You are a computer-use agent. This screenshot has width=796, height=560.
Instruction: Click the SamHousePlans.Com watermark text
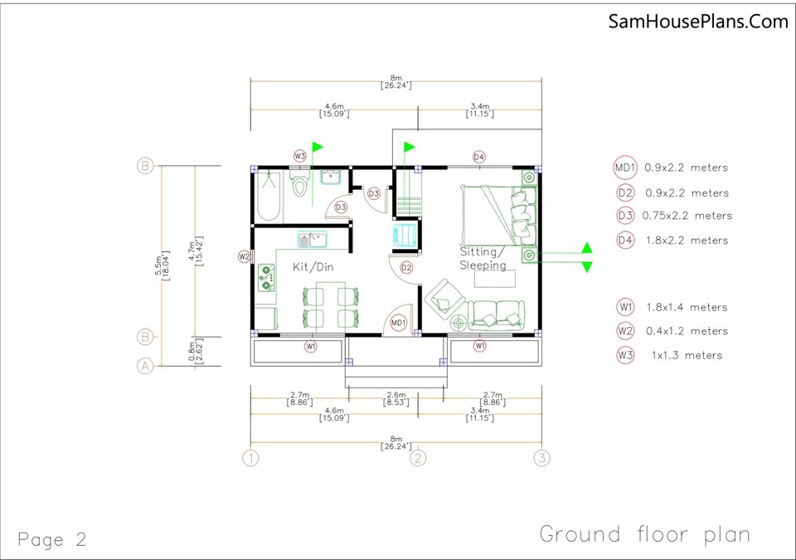point(698,22)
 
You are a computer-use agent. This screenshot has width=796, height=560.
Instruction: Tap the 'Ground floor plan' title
point(645,534)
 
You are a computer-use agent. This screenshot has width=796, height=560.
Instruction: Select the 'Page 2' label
point(51,539)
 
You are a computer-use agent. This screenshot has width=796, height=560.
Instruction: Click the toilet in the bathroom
point(300,184)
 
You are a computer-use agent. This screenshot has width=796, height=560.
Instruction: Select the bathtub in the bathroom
point(268,196)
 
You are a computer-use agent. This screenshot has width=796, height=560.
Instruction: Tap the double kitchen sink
point(313,240)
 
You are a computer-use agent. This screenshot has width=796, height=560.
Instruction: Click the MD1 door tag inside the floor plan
point(398,322)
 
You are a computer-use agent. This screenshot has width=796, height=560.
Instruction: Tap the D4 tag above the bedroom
point(478,157)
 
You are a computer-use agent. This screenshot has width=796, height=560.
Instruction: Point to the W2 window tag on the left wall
point(244,257)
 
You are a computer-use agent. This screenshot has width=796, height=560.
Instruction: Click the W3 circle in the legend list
point(625,355)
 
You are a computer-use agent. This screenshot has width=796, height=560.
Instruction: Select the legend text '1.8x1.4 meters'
point(686,307)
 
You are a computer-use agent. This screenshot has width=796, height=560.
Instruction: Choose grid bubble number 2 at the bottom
point(420,457)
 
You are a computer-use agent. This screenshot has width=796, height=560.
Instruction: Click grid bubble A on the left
point(145,366)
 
